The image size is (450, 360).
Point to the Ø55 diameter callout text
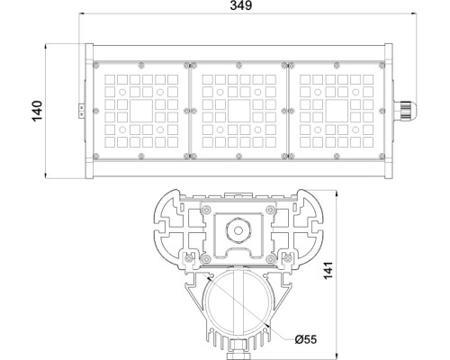click(x=305, y=338)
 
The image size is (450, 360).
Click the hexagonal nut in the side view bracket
click(x=239, y=229)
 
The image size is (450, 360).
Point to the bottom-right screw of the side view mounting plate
click(x=265, y=255)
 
